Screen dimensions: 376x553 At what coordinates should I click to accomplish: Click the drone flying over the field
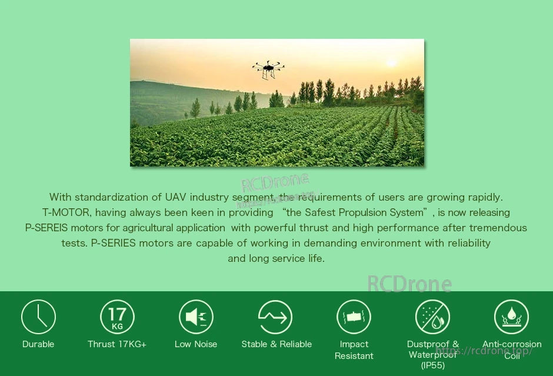click(268, 69)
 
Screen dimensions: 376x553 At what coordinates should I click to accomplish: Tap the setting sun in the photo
click(391, 63)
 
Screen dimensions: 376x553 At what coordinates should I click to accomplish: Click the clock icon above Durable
click(38, 317)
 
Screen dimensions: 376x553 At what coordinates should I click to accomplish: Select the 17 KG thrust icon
click(117, 317)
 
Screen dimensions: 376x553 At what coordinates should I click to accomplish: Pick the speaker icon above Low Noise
click(196, 317)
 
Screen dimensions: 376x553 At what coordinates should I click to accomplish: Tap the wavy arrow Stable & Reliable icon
click(275, 317)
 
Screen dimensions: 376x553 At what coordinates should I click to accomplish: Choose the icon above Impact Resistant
click(354, 317)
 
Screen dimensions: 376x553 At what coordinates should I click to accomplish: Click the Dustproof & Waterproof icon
click(432, 317)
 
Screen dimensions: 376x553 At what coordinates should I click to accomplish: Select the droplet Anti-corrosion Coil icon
click(511, 317)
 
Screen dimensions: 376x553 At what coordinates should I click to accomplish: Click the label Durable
click(38, 344)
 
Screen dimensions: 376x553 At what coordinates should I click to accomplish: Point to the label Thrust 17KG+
click(117, 344)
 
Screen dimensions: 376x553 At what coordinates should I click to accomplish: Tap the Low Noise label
click(196, 344)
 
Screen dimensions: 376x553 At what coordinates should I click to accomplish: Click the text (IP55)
click(433, 365)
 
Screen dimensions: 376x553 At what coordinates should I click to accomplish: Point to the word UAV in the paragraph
click(176, 197)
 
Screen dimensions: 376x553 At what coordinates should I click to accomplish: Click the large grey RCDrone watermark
click(409, 284)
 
